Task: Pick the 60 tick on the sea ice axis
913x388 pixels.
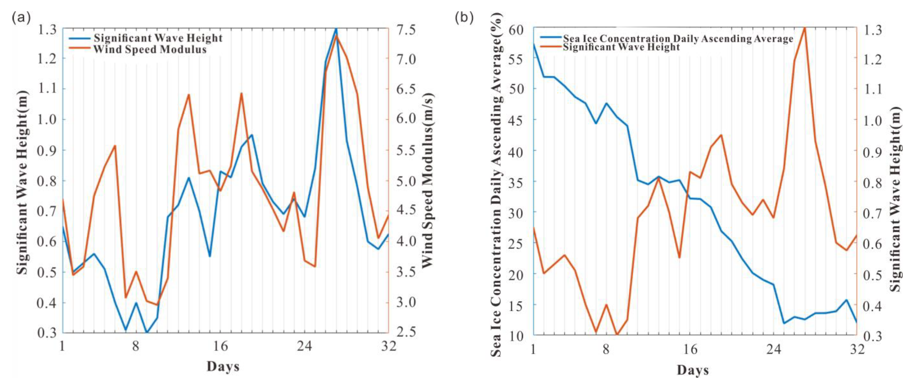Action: tap(516, 29)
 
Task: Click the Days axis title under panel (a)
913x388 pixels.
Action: tap(223, 366)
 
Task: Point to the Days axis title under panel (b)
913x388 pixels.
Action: tap(692, 370)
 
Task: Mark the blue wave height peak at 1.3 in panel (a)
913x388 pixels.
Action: tap(336, 28)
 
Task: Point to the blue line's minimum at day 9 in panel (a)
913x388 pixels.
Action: tap(147, 332)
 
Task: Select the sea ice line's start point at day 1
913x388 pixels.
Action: tap(534, 43)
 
